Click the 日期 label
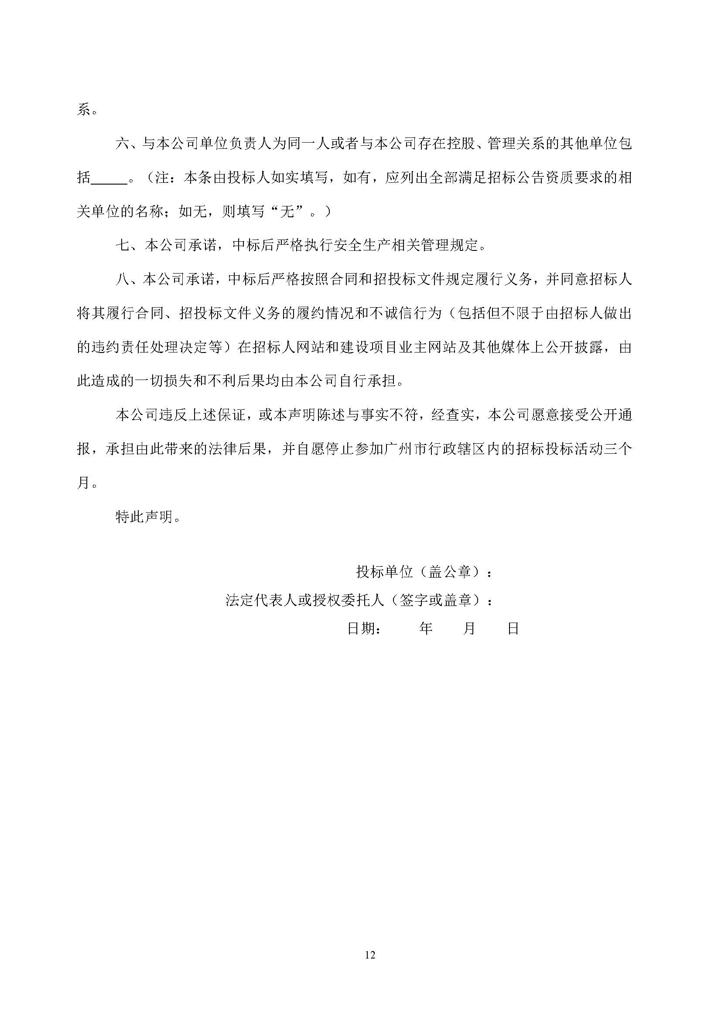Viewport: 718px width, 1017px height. click(361, 629)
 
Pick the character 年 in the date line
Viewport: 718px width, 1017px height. click(426, 629)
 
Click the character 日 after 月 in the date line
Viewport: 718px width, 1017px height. click(513, 629)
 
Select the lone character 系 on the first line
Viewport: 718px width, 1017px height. click(84, 110)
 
